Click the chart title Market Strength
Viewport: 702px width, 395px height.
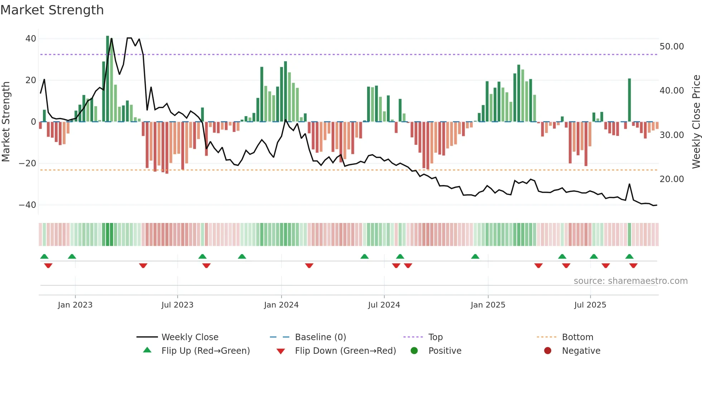(52, 10)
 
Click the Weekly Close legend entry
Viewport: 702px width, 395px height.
(189, 337)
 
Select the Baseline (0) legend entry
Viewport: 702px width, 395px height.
(320, 337)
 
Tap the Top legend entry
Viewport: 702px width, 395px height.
(435, 337)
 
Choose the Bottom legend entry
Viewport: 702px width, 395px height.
(577, 337)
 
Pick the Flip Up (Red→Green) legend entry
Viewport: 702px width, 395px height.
(205, 351)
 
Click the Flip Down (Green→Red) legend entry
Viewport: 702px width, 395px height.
(345, 351)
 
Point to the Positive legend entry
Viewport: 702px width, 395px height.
(444, 351)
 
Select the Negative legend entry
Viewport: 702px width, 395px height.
(581, 351)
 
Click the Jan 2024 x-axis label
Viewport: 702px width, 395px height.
(281, 305)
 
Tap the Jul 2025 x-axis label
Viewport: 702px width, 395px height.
(590, 305)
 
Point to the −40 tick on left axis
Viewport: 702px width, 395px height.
(28, 205)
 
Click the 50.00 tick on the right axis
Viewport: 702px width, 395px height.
(672, 47)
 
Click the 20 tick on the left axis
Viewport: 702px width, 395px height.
(31, 80)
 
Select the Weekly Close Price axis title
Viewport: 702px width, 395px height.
(696, 122)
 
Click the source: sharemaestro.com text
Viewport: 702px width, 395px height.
(630, 281)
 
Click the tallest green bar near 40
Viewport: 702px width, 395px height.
(107, 79)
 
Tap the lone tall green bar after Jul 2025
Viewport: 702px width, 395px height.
(629, 100)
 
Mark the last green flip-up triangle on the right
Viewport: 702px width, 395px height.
(629, 256)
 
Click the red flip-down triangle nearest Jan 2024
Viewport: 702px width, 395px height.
(309, 266)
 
